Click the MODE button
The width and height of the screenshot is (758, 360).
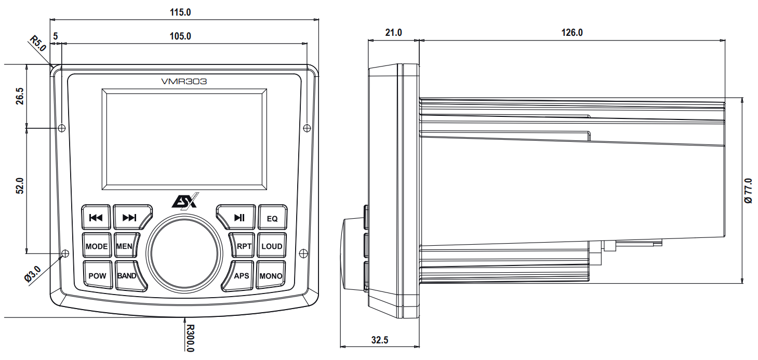[97, 246]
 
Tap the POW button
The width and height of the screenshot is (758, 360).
[97, 276]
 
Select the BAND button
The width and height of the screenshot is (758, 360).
[126, 276]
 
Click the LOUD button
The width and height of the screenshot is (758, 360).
[272, 246]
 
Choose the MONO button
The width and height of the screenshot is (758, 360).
[271, 276]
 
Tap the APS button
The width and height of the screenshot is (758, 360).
[241, 276]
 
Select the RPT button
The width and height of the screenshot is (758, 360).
[243, 246]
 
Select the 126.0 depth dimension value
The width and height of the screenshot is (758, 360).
[573, 33]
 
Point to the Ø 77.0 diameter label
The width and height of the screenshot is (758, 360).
[748, 190]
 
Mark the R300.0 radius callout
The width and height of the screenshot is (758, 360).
[190, 338]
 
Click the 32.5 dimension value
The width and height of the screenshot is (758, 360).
[380, 340]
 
